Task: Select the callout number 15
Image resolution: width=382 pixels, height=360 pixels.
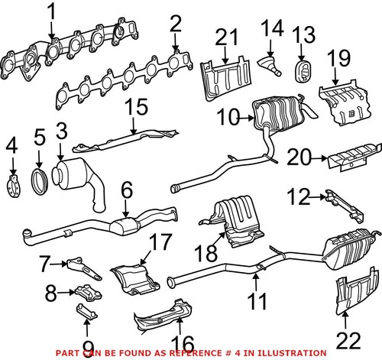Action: [x=138, y=109]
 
